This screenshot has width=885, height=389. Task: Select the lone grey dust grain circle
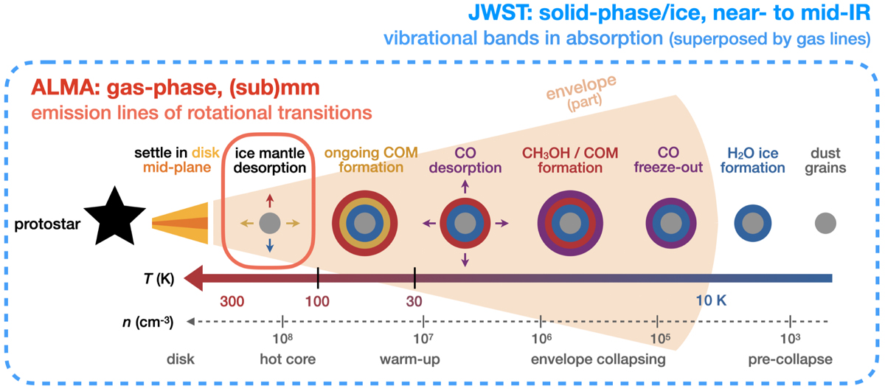[826, 221]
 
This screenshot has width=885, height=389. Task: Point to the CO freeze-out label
[667, 160]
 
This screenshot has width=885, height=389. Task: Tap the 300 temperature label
[234, 301]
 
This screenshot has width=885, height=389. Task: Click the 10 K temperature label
[715, 301]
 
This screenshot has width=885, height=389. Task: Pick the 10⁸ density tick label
[283, 339]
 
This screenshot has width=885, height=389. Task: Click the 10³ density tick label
[791, 339]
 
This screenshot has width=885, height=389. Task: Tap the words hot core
[288, 359]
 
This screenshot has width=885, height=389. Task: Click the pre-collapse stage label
[789, 359]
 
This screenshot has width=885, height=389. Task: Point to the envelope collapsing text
[598, 359]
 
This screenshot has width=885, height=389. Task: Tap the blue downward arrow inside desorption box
[270, 247]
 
